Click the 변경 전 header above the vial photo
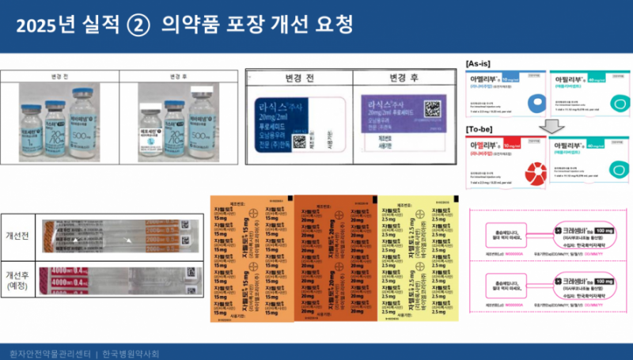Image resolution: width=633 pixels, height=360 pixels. point(60,77)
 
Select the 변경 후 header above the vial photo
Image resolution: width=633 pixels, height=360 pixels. point(177,77)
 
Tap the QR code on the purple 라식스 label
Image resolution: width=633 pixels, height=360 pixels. point(432,109)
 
